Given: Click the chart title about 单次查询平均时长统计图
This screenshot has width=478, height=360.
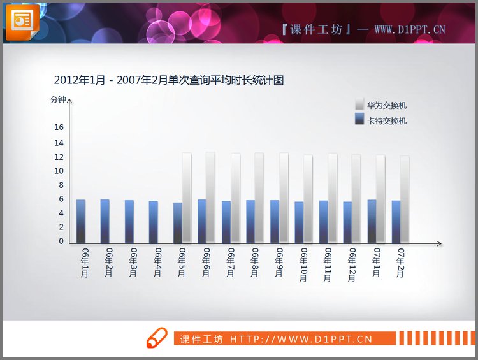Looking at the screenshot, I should [x=169, y=80].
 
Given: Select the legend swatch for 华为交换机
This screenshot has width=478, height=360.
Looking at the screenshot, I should [x=359, y=105].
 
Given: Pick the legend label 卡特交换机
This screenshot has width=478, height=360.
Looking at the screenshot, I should [x=387, y=120].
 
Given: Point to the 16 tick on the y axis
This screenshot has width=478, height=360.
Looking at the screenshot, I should [x=59, y=127].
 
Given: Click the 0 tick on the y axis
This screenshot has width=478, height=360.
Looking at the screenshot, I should [x=61, y=241].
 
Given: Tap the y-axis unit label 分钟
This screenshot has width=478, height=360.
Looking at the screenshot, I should [x=58, y=99].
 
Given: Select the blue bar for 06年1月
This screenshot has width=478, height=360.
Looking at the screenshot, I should [x=81, y=221].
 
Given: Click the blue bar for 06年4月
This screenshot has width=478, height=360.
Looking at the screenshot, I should [x=154, y=222].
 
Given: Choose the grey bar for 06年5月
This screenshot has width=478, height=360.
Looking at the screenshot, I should [x=187, y=198].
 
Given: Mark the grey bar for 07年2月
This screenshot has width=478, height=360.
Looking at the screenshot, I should [x=405, y=199].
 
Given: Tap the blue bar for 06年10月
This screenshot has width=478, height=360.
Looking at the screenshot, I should [x=299, y=222].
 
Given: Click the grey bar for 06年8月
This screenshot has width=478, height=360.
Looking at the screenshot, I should [x=259, y=198].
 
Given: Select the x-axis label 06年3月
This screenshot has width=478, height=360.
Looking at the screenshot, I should [x=133, y=262].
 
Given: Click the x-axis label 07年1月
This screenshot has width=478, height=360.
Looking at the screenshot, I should [x=376, y=262].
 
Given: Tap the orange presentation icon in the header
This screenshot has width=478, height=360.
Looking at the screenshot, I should [x=22, y=21].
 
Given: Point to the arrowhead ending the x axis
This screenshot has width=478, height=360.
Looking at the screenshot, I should [x=438, y=244].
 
